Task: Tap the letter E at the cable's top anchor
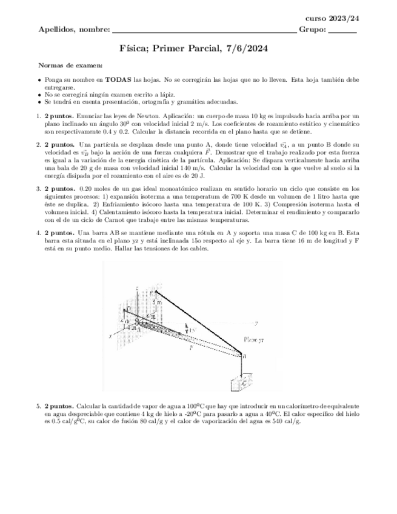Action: (x=152, y=293)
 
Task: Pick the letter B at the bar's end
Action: (x=244, y=357)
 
